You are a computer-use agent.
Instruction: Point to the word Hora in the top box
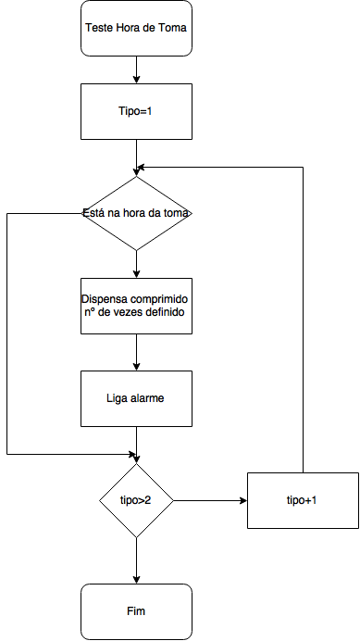[129, 28]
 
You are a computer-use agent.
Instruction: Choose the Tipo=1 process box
[137, 111]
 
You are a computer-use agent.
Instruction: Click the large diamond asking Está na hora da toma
[137, 213]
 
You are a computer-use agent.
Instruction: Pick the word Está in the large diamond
[93, 213]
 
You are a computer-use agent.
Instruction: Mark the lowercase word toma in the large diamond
[177, 213]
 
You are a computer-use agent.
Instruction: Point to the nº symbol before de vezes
[89, 313]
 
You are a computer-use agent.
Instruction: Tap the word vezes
[130, 313]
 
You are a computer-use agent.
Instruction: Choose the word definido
[168, 313]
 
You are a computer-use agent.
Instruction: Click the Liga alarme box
[137, 398]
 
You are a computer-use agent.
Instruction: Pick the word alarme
[148, 398]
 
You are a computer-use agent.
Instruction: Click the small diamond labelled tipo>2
[137, 500]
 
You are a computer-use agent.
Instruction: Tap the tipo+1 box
[302, 500]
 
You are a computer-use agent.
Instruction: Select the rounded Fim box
[137, 611]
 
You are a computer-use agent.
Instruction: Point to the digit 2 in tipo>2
[149, 500]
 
